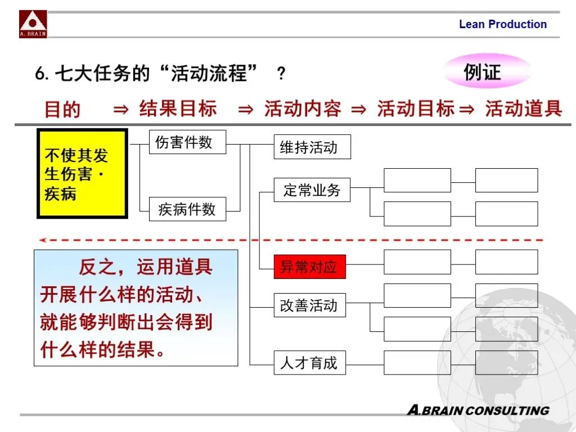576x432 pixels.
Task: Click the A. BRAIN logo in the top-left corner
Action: click(x=33, y=24)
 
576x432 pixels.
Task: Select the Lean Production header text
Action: click(x=502, y=24)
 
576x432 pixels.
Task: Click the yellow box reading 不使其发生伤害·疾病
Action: click(x=82, y=174)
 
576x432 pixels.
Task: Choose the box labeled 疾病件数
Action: click(x=187, y=210)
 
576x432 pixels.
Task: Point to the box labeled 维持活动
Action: click(x=312, y=147)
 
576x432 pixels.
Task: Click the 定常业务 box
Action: click(x=312, y=190)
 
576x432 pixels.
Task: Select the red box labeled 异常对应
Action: click(x=310, y=267)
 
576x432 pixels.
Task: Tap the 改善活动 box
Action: click(x=310, y=305)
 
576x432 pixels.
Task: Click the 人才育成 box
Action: click(x=310, y=363)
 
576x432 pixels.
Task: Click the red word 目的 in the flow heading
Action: click(x=62, y=109)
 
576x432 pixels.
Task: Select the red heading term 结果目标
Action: click(x=178, y=108)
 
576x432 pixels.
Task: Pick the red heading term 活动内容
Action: click(x=303, y=108)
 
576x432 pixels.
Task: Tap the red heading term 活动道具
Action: click(x=523, y=108)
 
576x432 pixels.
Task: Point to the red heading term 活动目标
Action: click(x=416, y=108)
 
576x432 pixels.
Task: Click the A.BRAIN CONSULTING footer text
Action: click(x=478, y=410)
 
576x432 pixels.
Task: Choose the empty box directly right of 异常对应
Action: click(x=417, y=262)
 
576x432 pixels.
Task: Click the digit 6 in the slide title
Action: click(x=40, y=74)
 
